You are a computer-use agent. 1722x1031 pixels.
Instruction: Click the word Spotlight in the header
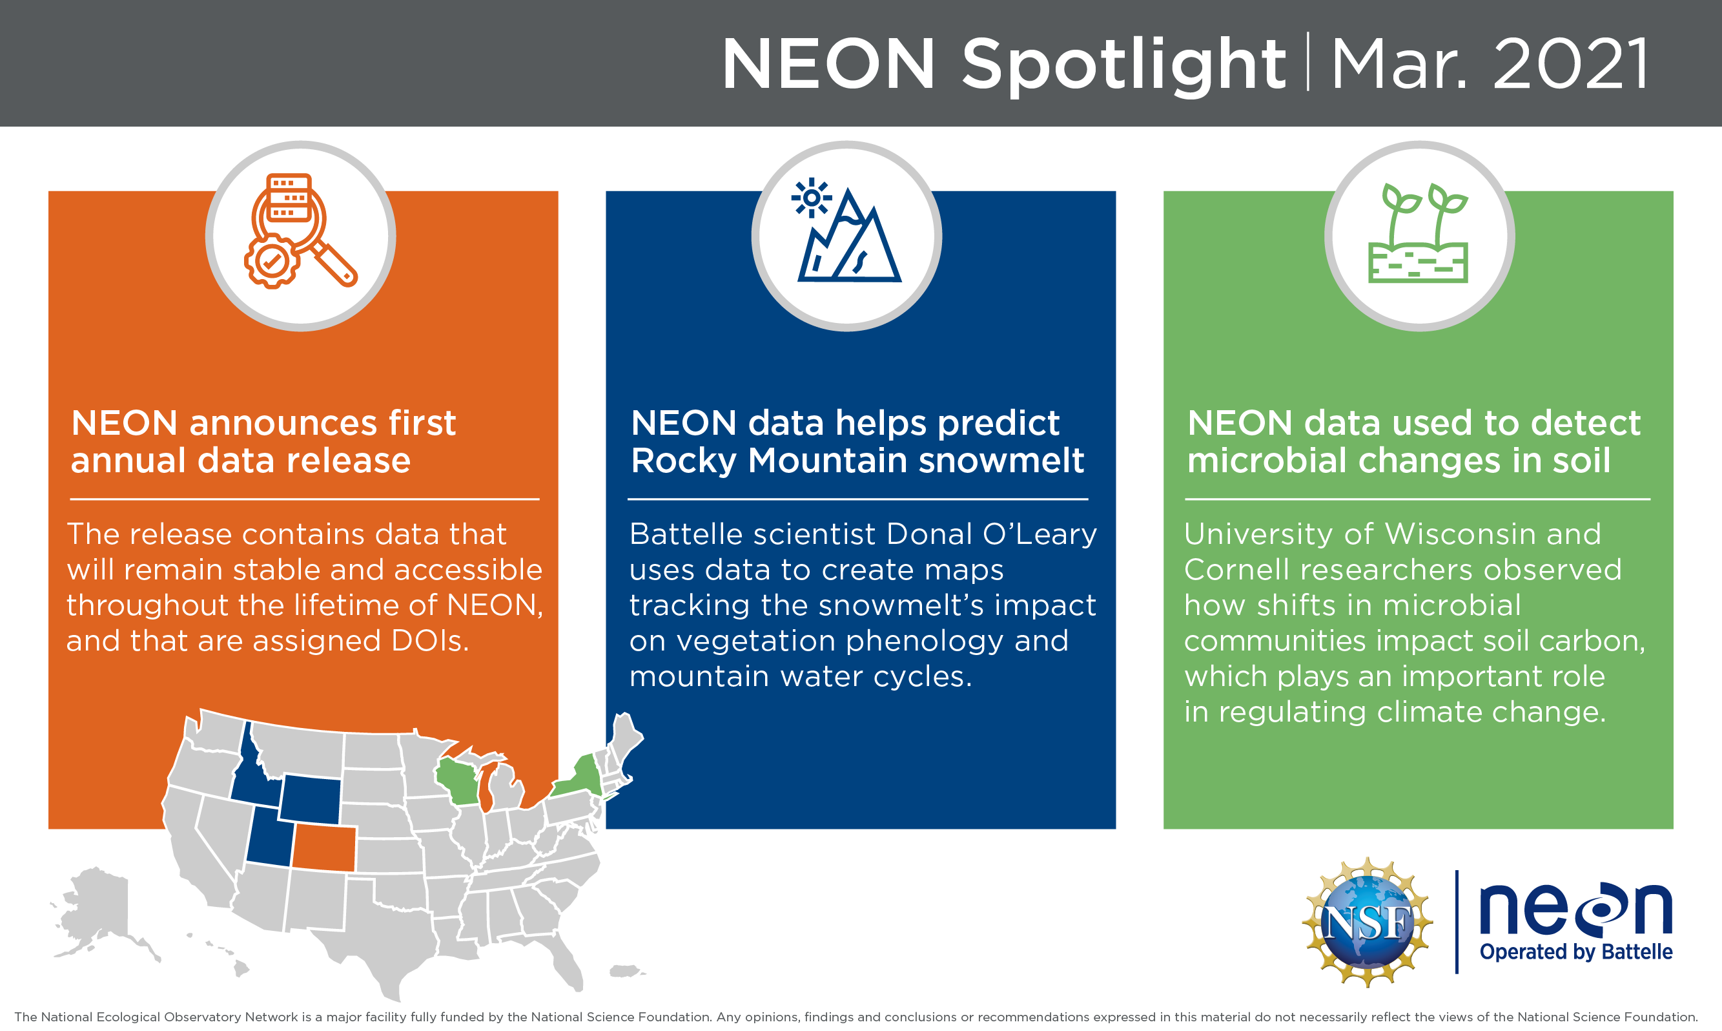[1123, 65]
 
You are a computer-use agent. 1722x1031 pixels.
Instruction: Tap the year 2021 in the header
[1571, 65]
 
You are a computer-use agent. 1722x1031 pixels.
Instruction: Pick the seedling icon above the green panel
[1419, 233]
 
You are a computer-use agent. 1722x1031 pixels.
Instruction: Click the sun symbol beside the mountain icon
[810, 198]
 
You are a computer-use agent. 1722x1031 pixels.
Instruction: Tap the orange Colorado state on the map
[324, 848]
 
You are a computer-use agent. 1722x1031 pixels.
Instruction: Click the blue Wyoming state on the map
[311, 800]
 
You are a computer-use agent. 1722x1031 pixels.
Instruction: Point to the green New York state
[582, 778]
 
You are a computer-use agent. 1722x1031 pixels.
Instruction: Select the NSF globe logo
[1366, 922]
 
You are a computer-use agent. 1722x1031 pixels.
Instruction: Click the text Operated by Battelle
[1575, 951]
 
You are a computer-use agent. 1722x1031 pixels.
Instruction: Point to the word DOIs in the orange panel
[430, 641]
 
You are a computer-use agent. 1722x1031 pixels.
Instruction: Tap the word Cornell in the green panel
[1237, 570]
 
